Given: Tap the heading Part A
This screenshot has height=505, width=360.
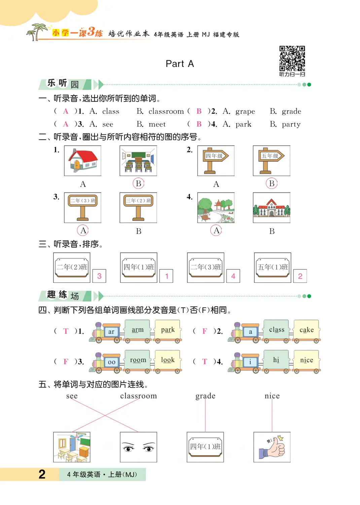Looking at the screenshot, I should click(180, 64).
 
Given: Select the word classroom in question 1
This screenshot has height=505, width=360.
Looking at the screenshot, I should click(166, 111).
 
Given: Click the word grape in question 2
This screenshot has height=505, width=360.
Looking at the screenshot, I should click(245, 111).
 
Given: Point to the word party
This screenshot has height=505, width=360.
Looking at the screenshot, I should click(291, 124).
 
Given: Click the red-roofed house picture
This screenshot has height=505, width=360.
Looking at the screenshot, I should click(83, 161).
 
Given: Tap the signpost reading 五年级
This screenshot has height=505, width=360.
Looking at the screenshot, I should click(272, 161).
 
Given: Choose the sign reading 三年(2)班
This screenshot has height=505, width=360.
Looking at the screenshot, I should click(138, 207).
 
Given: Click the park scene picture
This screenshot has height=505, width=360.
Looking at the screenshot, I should click(216, 207).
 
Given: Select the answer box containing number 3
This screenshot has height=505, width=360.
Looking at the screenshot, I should click(99, 276).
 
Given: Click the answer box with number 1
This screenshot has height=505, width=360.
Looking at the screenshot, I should click(167, 276).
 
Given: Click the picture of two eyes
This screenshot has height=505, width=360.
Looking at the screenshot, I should click(138, 447).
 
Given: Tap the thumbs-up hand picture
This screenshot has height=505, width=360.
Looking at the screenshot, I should click(272, 447).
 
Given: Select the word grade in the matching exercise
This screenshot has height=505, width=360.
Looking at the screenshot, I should click(205, 396).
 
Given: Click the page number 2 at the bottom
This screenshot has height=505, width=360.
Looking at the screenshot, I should click(42, 474).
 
